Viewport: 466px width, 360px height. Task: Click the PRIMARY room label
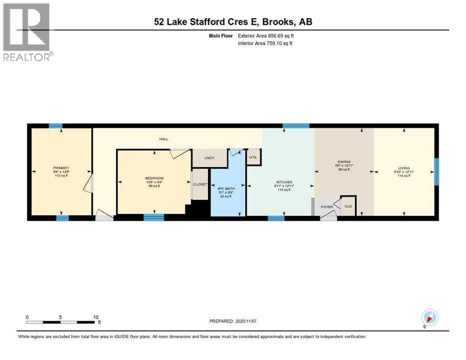(x=61, y=168)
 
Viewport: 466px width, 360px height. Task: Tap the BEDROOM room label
(x=154, y=178)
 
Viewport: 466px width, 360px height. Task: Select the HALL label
(x=163, y=139)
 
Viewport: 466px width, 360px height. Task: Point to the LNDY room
(x=209, y=158)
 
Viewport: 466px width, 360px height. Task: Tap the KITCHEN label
(x=284, y=182)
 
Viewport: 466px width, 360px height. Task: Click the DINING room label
(x=344, y=162)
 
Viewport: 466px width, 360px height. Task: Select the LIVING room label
(x=404, y=168)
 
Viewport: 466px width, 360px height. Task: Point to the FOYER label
(x=327, y=206)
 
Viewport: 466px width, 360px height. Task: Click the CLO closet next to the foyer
(x=348, y=206)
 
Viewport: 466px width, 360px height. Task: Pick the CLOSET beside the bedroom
(x=200, y=184)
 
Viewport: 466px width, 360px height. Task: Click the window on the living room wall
(x=436, y=172)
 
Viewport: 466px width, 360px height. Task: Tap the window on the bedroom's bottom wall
(x=153, y=217)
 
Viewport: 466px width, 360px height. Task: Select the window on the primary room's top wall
(x=56, y=126)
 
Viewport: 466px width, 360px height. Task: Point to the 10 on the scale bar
(x=96, y=317)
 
